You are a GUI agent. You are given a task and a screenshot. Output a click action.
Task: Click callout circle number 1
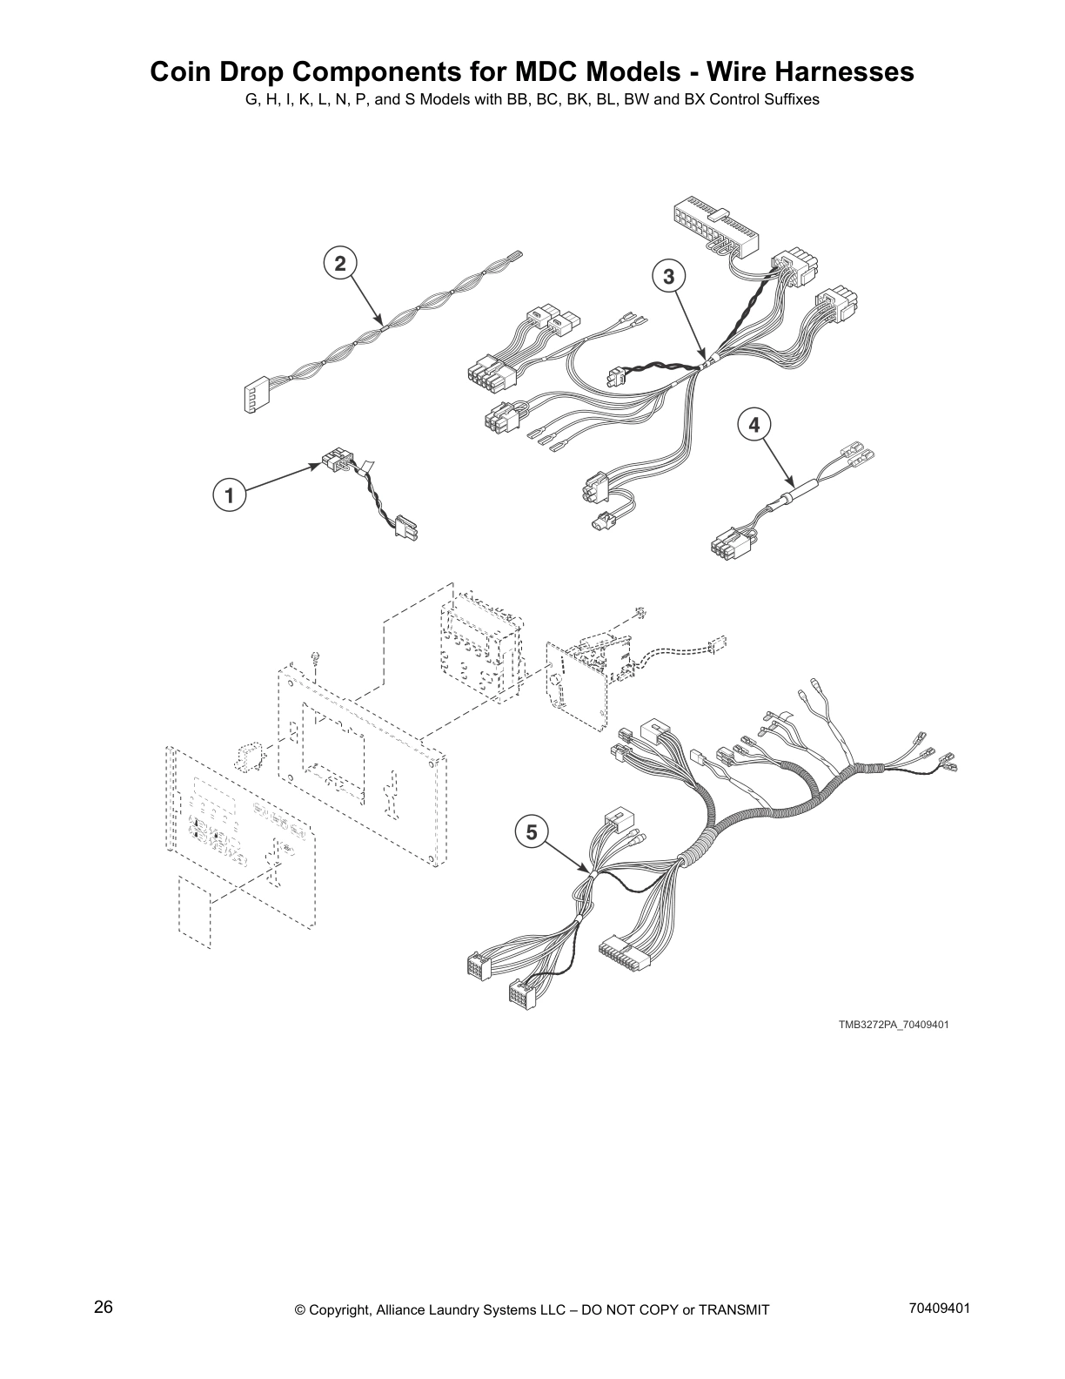tap(229, 497)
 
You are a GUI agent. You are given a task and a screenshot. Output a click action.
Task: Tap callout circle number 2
tap(340, 263)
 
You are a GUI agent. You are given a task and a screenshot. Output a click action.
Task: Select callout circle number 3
tap(668, 277)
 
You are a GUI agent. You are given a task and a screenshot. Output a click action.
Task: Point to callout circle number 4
tap(754, 425)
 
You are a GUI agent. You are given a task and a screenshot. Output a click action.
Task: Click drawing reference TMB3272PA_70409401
tap(893, 1024)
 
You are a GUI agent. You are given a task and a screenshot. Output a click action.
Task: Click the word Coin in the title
tap(179, 71)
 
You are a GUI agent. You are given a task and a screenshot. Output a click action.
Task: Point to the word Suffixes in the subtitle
tap(792, 99)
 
